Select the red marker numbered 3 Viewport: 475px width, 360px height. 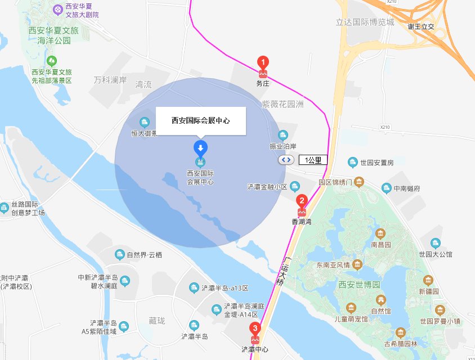tap(255, 328)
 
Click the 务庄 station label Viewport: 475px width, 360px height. tap(263, 84)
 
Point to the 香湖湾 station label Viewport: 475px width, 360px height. tap(302, 222)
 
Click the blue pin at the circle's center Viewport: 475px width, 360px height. tap(200, 149)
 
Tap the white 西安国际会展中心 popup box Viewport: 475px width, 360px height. tap(201, 120)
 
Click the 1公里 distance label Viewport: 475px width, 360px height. tap(313, 160)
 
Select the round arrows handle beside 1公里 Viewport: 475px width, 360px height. tap(286, 160)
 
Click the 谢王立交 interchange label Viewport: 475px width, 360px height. tap(421, 26)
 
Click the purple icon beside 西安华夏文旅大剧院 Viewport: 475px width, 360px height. tap(58, 10)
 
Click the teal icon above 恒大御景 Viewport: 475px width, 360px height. tap(145, 122)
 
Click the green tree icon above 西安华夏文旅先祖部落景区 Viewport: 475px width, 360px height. tap(52, 60)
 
